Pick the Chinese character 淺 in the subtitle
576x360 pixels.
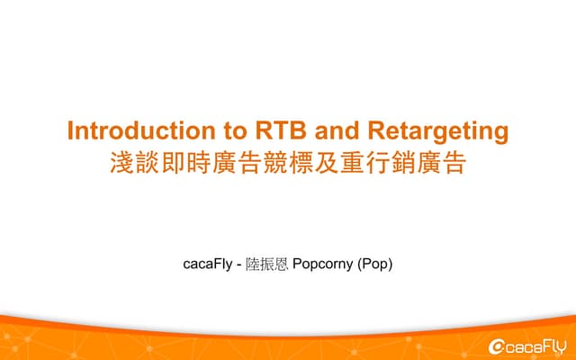coord(121,164)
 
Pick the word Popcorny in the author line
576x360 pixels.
coord(323,265)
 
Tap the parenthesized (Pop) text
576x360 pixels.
coord(375,265)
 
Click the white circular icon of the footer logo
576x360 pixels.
coord(495,346)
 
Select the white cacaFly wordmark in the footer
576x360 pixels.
coord(535,346)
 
